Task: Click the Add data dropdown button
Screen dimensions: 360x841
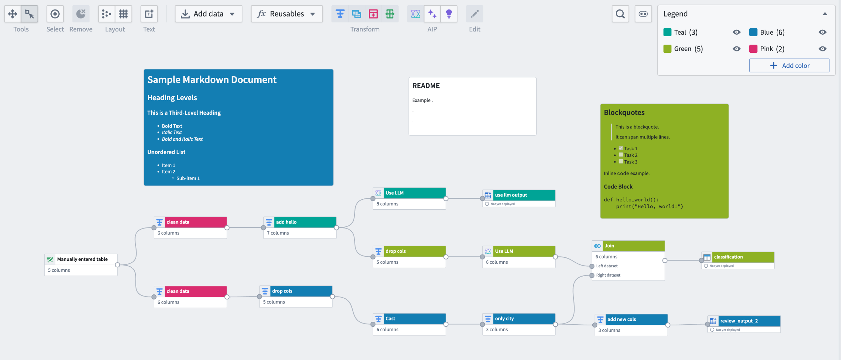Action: tap(208, 14)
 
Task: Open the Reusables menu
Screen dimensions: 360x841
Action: tap(286, 14)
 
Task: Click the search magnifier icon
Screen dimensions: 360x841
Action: tap(620, 14)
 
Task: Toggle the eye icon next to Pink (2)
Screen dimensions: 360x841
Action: tap(822, 49)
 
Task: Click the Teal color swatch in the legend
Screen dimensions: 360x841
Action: tap(667, 32)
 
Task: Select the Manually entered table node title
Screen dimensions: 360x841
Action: tap(82, 259)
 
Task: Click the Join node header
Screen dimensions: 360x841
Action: tap(633, 246)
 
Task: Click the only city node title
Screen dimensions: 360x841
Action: tap(504, 318)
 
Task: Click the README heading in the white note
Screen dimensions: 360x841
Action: tap(426, 86)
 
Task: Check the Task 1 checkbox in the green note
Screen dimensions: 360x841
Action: tap(621, 148)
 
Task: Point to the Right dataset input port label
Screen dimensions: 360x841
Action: tap(608, 275)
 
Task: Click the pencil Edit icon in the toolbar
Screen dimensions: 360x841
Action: tap(474, 14)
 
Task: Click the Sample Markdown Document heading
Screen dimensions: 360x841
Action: tap(212, 80)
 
